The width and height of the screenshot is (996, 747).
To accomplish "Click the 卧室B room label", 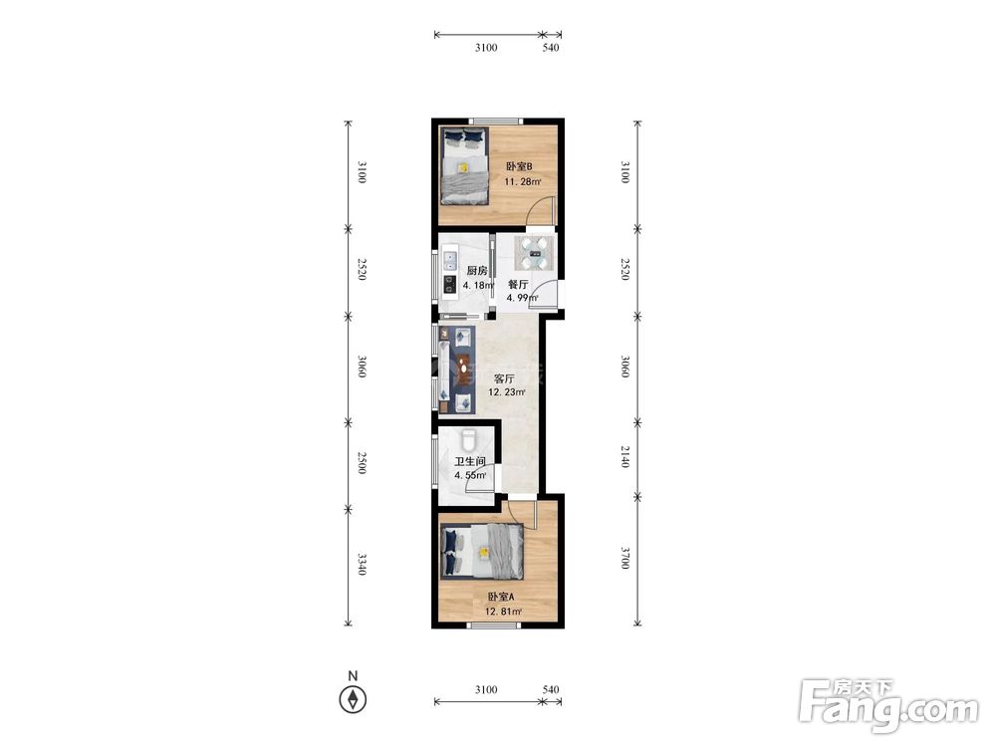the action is (519, 166).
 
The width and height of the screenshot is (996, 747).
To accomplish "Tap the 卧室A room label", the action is (501, 597).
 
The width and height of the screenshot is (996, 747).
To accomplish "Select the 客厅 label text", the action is (504, 378).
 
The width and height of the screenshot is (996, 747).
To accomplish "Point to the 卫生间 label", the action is (470, 462).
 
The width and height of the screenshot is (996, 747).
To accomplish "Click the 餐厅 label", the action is (518, 284).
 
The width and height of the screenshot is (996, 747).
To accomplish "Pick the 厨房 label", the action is (477, 271).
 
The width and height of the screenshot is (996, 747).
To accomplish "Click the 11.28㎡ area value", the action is (523, 182).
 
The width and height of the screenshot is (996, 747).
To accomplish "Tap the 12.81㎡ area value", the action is (504, 613).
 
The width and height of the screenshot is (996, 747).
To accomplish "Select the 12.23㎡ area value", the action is (506, 392).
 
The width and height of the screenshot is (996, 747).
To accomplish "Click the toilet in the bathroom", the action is (468, 438).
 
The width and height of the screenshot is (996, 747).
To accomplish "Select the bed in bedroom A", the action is (483, 552).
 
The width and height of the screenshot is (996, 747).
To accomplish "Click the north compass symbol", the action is (353, 699).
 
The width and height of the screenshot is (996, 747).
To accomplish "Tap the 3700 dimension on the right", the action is (625, 558).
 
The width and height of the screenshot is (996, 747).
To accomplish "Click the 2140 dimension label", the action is (625, 457).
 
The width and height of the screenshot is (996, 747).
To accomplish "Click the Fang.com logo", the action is (888, 705).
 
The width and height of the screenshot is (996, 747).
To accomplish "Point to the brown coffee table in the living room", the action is (465, 370).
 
